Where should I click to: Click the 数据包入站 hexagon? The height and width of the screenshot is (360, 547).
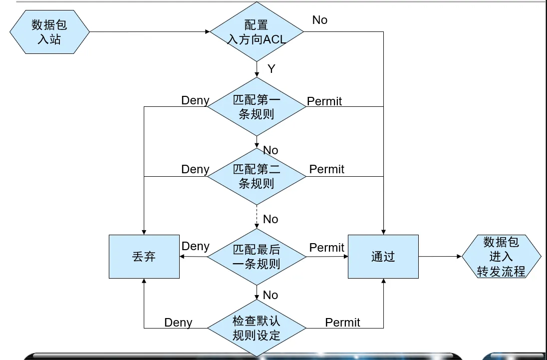click(49, 32)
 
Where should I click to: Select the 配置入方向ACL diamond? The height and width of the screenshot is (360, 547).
click(257, 32)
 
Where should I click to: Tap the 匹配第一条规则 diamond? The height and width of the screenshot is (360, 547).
click(257, 106)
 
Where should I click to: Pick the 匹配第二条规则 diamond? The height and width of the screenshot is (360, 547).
click(257, 176)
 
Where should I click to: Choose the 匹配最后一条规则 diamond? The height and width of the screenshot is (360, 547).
click(257, 257)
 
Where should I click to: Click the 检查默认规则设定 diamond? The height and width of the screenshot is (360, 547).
click(257, 328)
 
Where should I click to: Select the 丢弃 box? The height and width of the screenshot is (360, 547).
click(144, 257)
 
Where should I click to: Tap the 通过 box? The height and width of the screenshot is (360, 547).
click(383, 257)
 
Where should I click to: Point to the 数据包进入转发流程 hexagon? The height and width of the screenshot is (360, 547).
click(501, 257)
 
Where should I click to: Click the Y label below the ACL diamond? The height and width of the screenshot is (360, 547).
click(272, 69)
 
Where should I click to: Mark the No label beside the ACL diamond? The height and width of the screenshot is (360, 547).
click(320, 20)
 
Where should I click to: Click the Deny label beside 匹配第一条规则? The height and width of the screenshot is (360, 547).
click(195, 100)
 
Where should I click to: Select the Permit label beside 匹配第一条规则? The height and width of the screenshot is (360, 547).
click(324, 101)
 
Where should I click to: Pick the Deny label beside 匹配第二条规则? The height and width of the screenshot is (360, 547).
click(195, 169)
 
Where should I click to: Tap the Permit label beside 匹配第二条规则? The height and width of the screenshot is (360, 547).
click(327, 169)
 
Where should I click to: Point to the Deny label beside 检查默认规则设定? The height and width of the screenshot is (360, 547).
click(178, 323)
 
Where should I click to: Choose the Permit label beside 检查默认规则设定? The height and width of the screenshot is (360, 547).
click(342, 323)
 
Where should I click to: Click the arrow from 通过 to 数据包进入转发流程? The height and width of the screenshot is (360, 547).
click(440, 257)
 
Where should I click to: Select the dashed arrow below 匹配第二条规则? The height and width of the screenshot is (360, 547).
click(257, 217)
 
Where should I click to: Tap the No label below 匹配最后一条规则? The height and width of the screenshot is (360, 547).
click(271, 295)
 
